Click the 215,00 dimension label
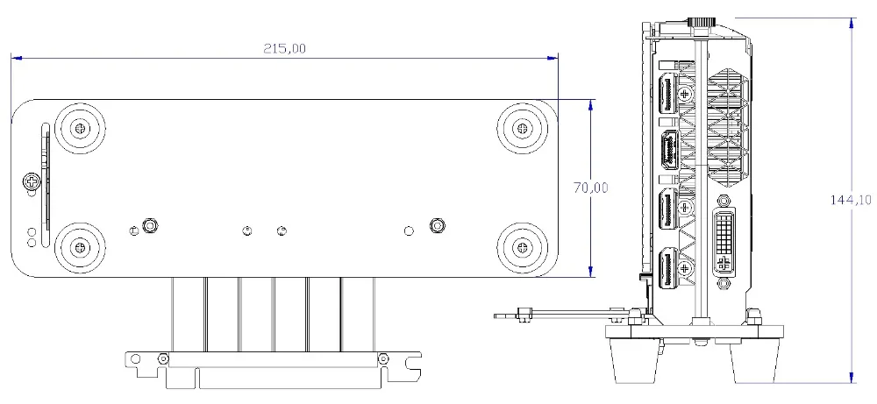point(285,48)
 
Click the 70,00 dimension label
point(590,188)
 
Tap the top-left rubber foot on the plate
point(82,128)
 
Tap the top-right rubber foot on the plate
point(522,128)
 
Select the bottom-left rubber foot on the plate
point(82,246)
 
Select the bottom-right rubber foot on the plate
point(522,246)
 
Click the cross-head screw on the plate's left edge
point(32,181)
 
